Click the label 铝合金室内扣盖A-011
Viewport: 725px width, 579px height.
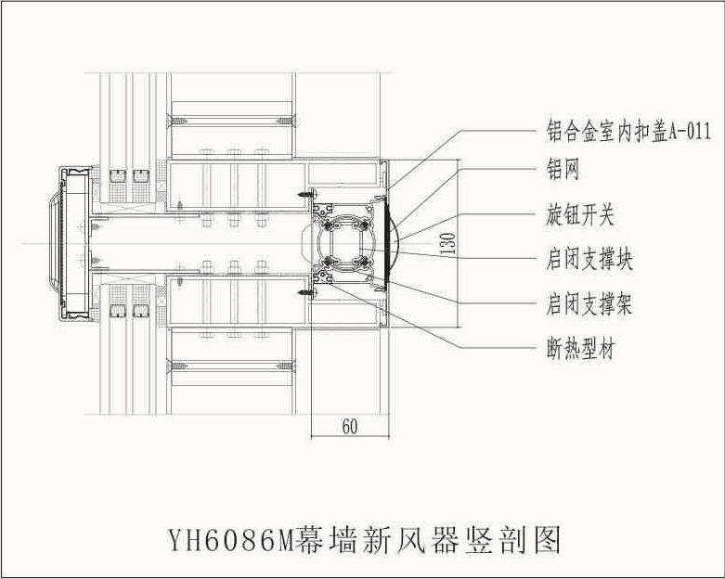tap(628, 131)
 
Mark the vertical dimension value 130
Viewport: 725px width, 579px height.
tap(449, 243)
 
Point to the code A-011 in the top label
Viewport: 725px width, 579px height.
tap(690, 131)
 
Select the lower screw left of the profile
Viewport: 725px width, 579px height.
tap(305, 292)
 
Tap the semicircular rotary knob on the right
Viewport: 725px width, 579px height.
tap(395, 243)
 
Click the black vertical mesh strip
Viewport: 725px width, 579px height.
tap(385, 243)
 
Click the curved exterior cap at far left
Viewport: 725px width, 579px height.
tap(55, 243)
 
